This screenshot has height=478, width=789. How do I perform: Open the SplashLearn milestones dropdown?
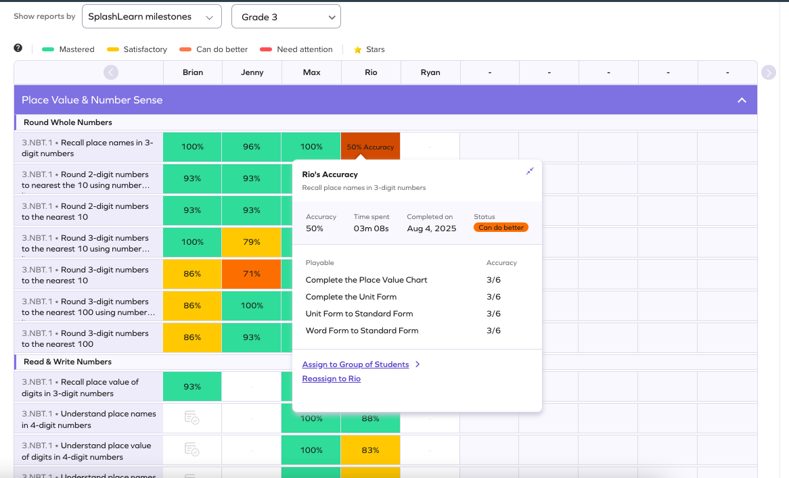[152, 17]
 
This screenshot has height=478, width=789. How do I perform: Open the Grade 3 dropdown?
[286, 17]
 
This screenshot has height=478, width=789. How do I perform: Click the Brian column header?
[193, 72]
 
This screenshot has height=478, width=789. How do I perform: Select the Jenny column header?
[252, 72]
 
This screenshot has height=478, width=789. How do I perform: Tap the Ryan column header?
[430, 72]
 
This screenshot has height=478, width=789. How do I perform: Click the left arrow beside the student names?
[111, 72]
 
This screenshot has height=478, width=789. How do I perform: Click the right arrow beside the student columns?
[768, 72]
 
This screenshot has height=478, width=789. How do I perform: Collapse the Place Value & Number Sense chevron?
[742, 100]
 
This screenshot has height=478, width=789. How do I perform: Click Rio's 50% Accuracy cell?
[370, 147]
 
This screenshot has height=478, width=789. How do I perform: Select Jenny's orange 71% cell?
[252, 274]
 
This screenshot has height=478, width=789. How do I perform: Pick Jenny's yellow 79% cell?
[252, 242]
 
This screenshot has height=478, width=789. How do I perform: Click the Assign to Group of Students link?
[355, 364]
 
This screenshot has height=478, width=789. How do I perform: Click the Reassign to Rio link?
[331, 379]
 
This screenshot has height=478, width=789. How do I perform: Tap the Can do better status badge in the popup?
[501, 228]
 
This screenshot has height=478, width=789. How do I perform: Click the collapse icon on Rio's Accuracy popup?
[530, 171]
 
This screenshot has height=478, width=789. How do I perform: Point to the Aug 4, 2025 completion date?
[432, 229]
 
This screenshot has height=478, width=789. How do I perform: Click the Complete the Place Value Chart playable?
[366, 280]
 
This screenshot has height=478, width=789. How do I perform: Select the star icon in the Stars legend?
[358, 49]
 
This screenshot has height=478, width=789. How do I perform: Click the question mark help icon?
[18, 48]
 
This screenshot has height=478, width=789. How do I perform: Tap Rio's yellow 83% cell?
[370, 450]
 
